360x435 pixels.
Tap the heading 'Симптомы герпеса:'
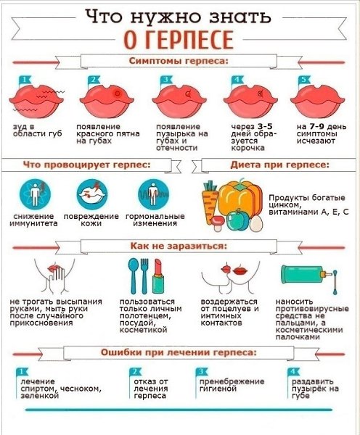click(179, 61)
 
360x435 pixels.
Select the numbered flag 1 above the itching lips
click(25, 80)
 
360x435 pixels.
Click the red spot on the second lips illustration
click(118, 94)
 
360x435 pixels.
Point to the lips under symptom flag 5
click(317, 101)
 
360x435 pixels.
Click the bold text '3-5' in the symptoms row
click(265, 126)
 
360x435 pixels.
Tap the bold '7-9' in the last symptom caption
click(316, 126)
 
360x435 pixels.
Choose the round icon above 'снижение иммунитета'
click(35, 194)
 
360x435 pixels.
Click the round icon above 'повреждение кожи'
click(92, 194)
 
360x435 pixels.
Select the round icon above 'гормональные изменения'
click(153, 194)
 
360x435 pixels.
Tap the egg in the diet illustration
click(255, 223)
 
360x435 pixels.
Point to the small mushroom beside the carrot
click(218, 223)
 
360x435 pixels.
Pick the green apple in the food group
click(237, 220)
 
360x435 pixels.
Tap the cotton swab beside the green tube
click(335, 282)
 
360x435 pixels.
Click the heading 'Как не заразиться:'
click(179, 246)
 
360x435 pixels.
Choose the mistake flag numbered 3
click(201, 371)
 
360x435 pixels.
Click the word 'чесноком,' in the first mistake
click(81, 389)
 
